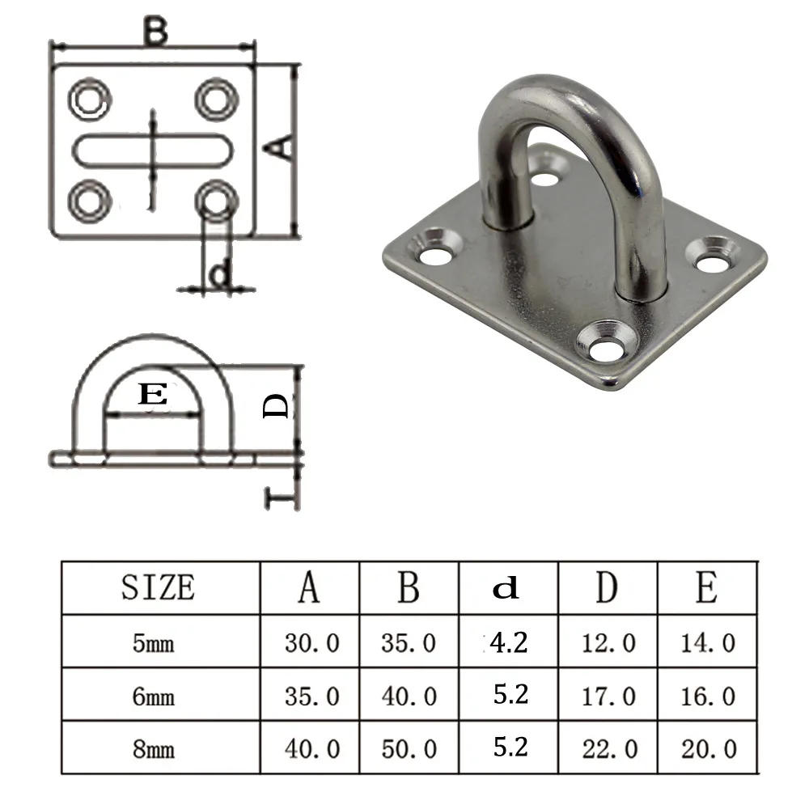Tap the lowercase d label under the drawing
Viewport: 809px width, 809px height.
[x=219, y=276]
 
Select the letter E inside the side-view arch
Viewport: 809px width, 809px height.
[x=153, y=395]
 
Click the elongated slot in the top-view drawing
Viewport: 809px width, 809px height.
[x=154, y=150]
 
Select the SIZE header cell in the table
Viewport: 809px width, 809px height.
[x=159, y=587]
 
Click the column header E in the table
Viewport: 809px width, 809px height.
[x=706, y=587]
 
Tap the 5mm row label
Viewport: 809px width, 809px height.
[x=154, y=643]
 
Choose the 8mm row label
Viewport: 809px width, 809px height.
[x=154, y=749]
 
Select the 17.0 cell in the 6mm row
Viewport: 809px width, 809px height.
[x=608, y=696]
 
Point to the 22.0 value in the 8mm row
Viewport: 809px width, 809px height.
[x=608, y=749]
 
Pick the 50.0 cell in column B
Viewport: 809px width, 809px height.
[x=409, y=749]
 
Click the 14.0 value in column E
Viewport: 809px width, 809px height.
[x=708, y=643]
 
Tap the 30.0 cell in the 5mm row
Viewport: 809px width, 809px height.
[x=311, y=643]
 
